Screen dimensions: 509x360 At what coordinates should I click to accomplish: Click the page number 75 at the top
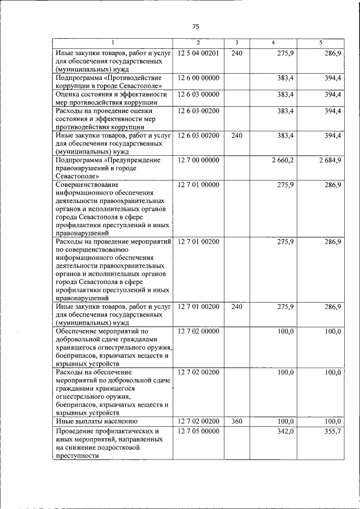coord(196,26)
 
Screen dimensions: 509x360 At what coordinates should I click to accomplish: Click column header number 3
coord(237,43)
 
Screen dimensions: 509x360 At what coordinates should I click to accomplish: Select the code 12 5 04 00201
coord(201,52)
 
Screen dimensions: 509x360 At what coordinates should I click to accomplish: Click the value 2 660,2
coord(281,160)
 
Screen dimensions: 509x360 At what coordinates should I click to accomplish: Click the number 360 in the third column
coord(237,421)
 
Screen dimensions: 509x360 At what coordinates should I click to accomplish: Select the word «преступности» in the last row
coord(76,456)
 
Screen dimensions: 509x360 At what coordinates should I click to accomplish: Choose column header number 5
coord(321,43)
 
